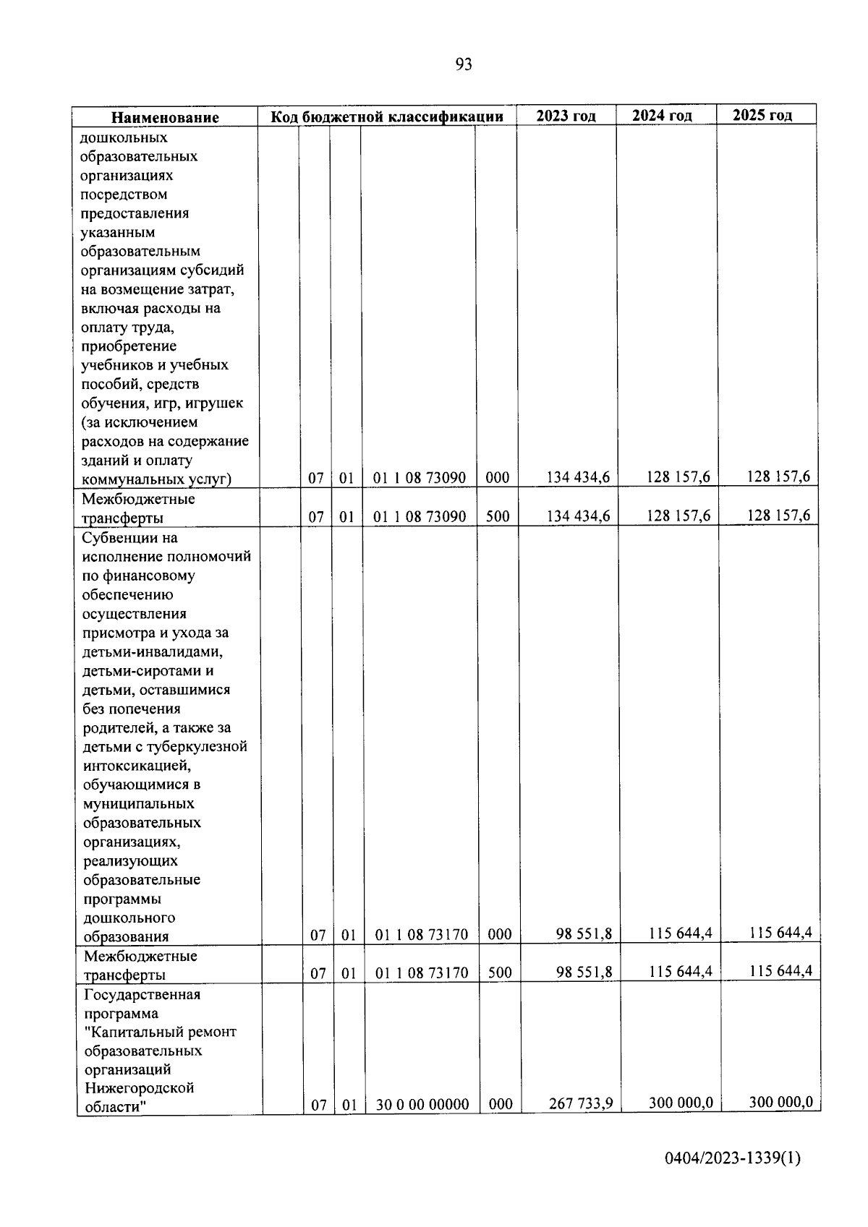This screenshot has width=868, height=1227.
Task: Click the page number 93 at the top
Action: click(x=464, y=65)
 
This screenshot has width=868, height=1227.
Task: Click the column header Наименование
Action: click(x=165, y=118)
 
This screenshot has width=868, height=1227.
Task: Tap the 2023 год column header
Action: click(x=566, y=116)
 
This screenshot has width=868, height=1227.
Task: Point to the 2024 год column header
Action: click(x=662, y=116)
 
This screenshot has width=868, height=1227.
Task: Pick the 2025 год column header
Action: click(x=762, y=115)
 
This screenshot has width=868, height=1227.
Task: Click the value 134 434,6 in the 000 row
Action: click(x=579, y=477)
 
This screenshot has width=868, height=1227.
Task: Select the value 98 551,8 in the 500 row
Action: click(x=584, y=972)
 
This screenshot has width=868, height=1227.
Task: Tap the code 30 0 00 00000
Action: click(x=422, y=1105)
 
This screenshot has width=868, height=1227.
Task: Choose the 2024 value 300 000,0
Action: click(x=681, y=1103)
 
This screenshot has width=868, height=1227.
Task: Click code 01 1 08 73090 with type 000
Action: click(x=420, y=478)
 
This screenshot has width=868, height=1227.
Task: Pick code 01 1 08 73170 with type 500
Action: click(x=422, y=973)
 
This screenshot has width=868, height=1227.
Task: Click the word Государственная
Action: click(x=142, y=994)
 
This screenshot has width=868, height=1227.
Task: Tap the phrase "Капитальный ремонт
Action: click(x=160, y=1032)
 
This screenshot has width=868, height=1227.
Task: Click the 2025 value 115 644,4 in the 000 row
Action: click(x=780, y=933)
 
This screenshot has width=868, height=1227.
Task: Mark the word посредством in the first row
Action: click(x=124, y=194)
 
